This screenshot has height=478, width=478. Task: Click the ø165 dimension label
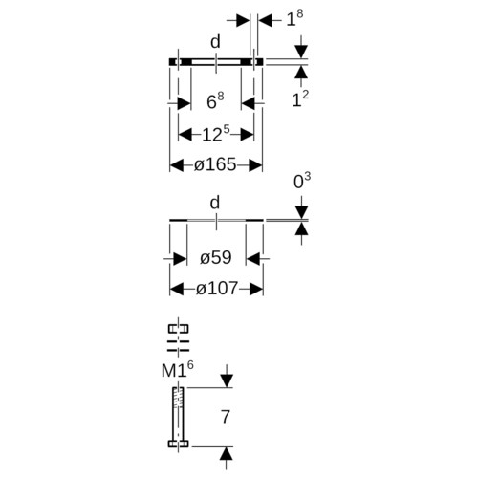coord(215,164)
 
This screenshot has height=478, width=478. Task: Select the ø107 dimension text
coord(217,289)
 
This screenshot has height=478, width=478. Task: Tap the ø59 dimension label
coord(216,257)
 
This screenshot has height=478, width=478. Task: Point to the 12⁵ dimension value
coord(216,134)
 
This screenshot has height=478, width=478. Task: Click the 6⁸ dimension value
coord(215,100)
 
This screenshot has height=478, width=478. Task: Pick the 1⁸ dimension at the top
coord(294,18)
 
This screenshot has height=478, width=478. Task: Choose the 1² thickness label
coord(300,99)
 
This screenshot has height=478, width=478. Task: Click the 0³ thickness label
coord(302,181)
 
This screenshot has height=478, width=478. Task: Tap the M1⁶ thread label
coord(178,369)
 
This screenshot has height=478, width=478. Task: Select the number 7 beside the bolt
coord(226,417)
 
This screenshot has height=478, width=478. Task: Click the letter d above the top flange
coord(215,42)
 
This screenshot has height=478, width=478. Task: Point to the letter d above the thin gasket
coord(215,203)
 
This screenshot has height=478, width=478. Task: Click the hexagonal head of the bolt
coord(179,444)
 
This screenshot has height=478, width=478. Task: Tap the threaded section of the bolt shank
coord(178,398)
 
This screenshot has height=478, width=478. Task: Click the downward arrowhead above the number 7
coord(227,381)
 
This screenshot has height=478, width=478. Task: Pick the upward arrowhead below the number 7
coord(226,453)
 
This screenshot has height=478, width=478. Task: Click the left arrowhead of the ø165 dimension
coord(176,165)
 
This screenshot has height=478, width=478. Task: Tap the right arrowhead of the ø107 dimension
coord(256,289)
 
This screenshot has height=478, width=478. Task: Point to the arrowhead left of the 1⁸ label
coord(243,21)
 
